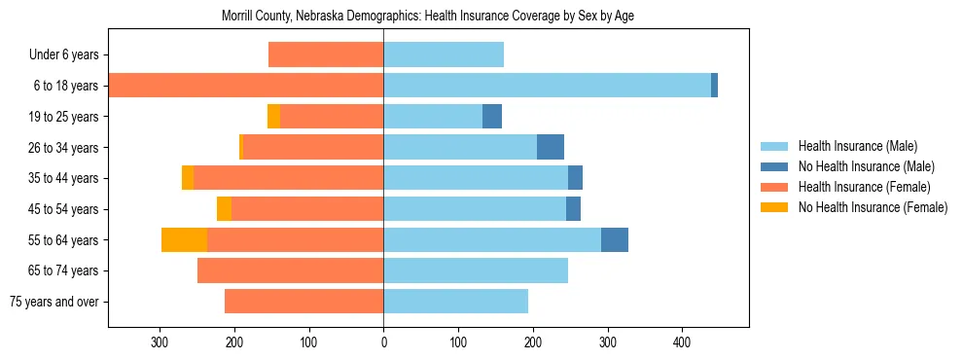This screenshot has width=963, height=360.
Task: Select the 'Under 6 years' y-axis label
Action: point(63,54)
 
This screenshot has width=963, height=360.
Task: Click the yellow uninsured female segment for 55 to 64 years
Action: point(184,240)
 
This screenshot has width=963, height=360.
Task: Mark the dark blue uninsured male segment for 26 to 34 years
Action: point(551,147)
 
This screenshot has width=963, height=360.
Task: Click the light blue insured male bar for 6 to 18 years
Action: point(547,86)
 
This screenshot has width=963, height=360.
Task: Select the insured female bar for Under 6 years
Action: point(326,54)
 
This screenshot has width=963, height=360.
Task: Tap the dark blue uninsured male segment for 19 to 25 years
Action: point(492,117)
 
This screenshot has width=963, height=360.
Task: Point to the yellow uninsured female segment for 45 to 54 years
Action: point(224,209)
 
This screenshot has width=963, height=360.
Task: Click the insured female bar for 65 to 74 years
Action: point(290,270)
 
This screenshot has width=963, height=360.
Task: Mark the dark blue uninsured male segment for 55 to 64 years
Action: point(615,240)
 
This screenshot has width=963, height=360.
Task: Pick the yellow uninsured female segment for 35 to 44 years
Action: point(188,178)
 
